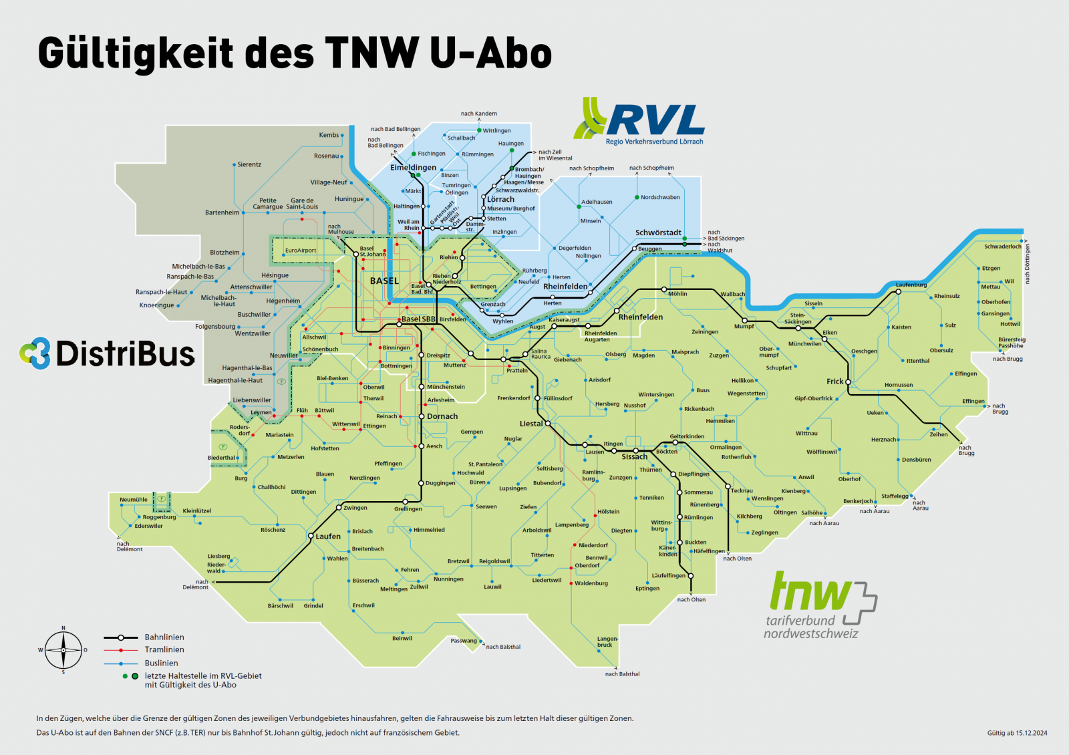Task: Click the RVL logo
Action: point(639,122)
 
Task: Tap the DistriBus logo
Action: point(108,353)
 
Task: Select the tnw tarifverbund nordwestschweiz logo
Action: point(820,605)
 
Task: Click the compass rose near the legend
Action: point(63,650)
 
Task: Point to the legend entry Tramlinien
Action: point(164,649)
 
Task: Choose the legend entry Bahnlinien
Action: point(164,637)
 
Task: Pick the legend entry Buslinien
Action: point(162,663)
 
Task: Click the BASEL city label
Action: point(384,281)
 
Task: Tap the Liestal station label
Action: point(531,424)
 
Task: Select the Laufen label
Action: point(328,537)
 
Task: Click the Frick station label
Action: point(835,382)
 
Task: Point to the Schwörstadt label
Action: point(658,233)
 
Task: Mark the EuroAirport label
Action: point(301,251)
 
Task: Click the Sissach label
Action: point(635,457)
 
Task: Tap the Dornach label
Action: point(442,416)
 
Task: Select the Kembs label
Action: point(329,135)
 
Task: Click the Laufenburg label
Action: point(911,285)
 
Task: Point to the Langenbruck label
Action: point(607,641)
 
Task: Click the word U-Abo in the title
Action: point(491,53)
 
